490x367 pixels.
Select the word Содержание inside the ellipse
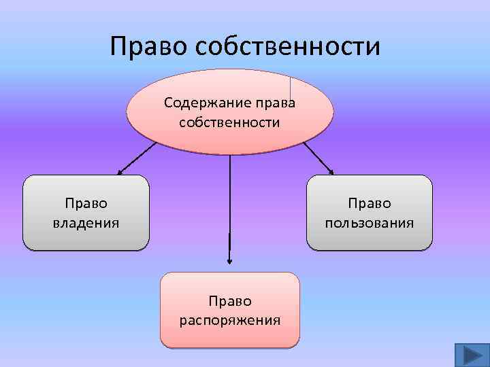tap(197, 104)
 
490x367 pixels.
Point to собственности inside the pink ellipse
tap(229, 122)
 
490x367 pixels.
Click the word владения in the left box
tap(86, 222)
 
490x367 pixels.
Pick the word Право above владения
tap(86, 203)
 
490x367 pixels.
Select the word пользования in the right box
tap(369, 222)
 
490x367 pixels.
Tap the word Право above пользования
tap(369, 203)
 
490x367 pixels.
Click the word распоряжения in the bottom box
tap(229, 319)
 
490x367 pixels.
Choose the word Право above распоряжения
tap(229, 300)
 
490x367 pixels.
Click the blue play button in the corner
tap(469, 355)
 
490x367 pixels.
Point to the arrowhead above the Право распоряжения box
tap(229, 260)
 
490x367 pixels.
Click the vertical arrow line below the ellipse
tap(229, 204)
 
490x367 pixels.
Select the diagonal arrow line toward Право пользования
tap(316, 157)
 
